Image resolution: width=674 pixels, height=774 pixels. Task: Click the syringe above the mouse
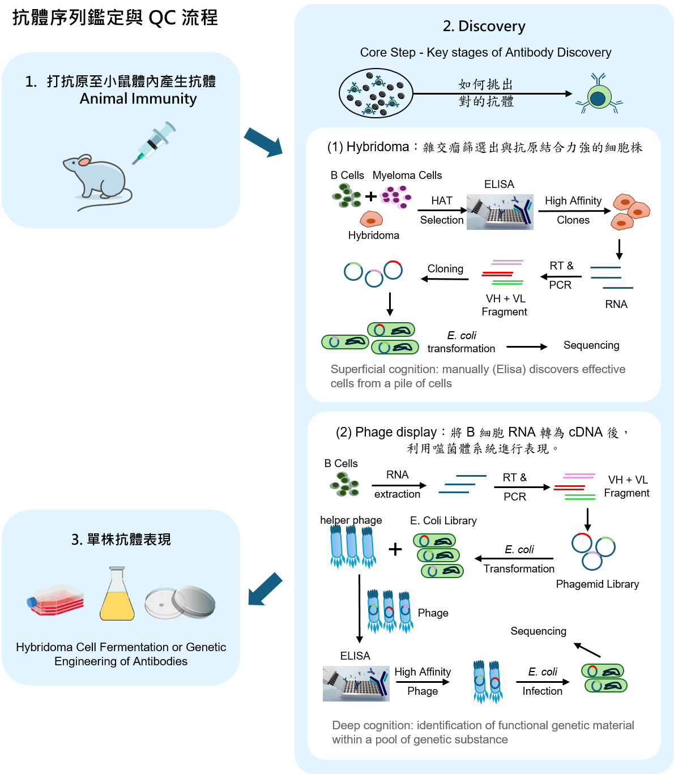pos(154,142)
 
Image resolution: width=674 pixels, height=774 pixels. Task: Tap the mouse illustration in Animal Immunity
pos(99,181)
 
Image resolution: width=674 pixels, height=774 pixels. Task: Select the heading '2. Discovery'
pos(484,26)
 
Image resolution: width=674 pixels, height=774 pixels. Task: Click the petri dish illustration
pos(180,603)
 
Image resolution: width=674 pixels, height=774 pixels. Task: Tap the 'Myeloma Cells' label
pos(407,176)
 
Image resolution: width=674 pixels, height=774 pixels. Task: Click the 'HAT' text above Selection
pos(442,201)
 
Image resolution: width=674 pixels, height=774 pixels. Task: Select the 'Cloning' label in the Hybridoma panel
pos(445,269)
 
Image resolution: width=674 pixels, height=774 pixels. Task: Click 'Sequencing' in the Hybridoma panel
pos(591,345)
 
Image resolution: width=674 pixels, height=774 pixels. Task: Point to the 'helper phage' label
pos(351,520)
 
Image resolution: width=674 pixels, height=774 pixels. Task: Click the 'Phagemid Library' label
pos(598,584)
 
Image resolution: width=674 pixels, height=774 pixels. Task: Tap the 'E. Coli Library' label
pos(443,521)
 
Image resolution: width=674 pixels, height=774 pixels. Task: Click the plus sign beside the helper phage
pos(395,549)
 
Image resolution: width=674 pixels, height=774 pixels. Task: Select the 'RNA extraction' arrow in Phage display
pos(399,485)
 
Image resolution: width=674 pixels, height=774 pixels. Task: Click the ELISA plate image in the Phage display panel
pos(356,683)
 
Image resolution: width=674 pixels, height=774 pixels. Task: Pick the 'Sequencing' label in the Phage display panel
pos(538,631)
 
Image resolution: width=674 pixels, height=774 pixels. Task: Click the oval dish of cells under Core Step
pos(376,93)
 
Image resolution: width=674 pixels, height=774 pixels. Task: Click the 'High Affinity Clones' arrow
pos(574,211)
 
